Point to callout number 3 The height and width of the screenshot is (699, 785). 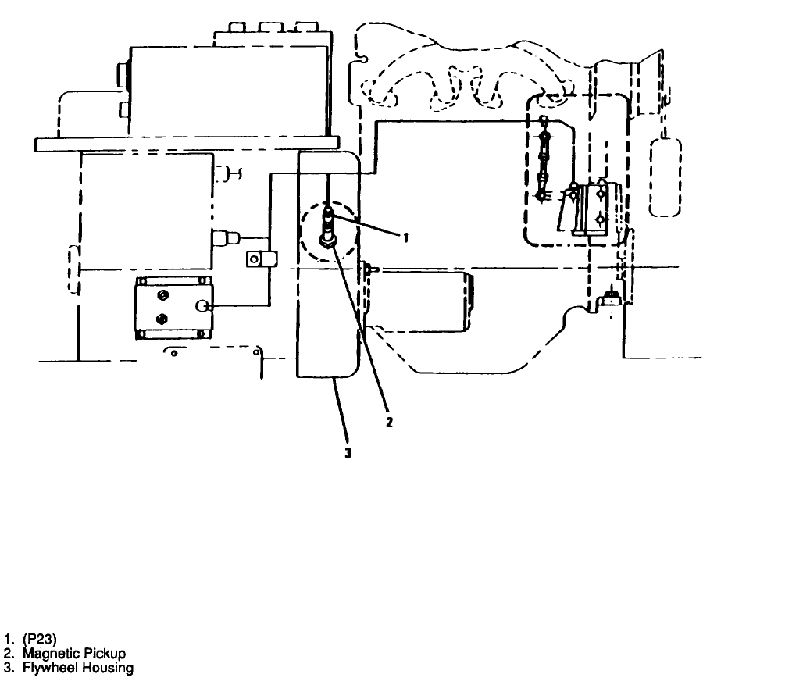coord(348,452)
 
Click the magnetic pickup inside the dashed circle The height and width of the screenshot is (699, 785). coord(329,226)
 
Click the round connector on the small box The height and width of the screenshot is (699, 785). coord(205,308)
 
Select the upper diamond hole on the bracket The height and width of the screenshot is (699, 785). coord(601,191)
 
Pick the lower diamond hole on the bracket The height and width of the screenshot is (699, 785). coord(601,219)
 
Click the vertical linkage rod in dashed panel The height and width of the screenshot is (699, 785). coord(544,160)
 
